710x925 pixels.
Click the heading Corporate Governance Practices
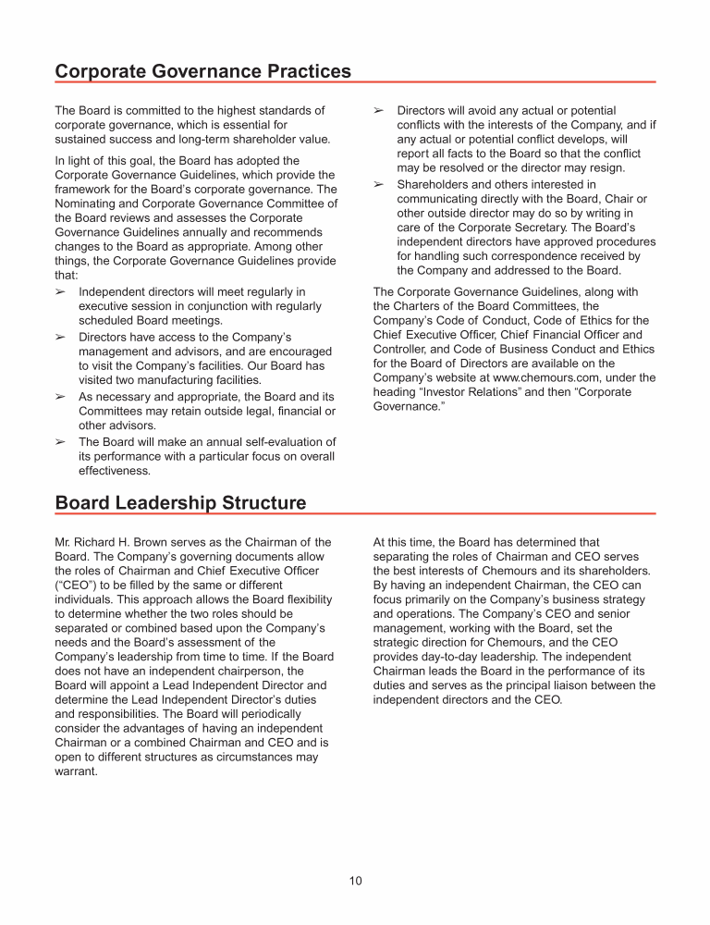point(203,71)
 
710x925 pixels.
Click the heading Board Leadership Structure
point(180,502)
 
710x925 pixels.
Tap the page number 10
point(355,881)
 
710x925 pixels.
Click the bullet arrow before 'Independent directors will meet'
point(61,292)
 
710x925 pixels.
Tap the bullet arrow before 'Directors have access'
point(61,337)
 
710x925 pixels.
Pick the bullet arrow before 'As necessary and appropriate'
point(61,397)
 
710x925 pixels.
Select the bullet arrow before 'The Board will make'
point(61,442)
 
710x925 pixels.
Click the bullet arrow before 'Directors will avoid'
point(378,111)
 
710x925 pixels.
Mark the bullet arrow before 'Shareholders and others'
point(378,185)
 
